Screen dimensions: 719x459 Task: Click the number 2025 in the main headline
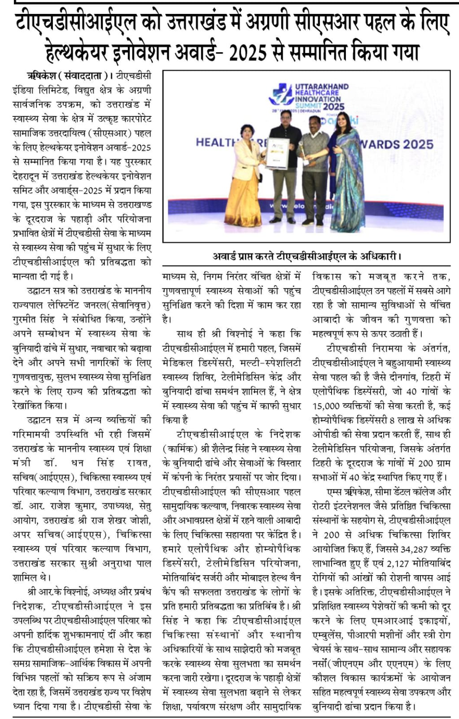(247, 52)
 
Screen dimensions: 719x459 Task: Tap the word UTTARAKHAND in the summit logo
(321, 86)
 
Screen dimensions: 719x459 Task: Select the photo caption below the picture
(306, 256)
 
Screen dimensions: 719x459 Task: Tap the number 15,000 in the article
(330, 406)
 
